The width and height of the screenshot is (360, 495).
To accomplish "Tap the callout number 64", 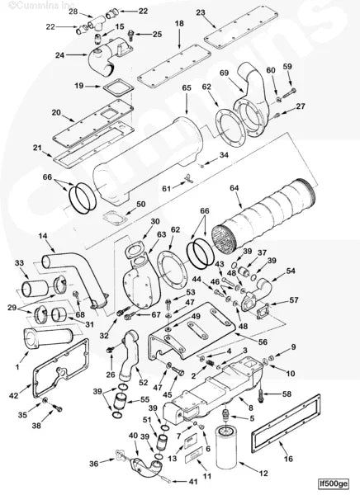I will click(234, 189).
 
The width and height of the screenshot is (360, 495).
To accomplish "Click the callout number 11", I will click(207, 477).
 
